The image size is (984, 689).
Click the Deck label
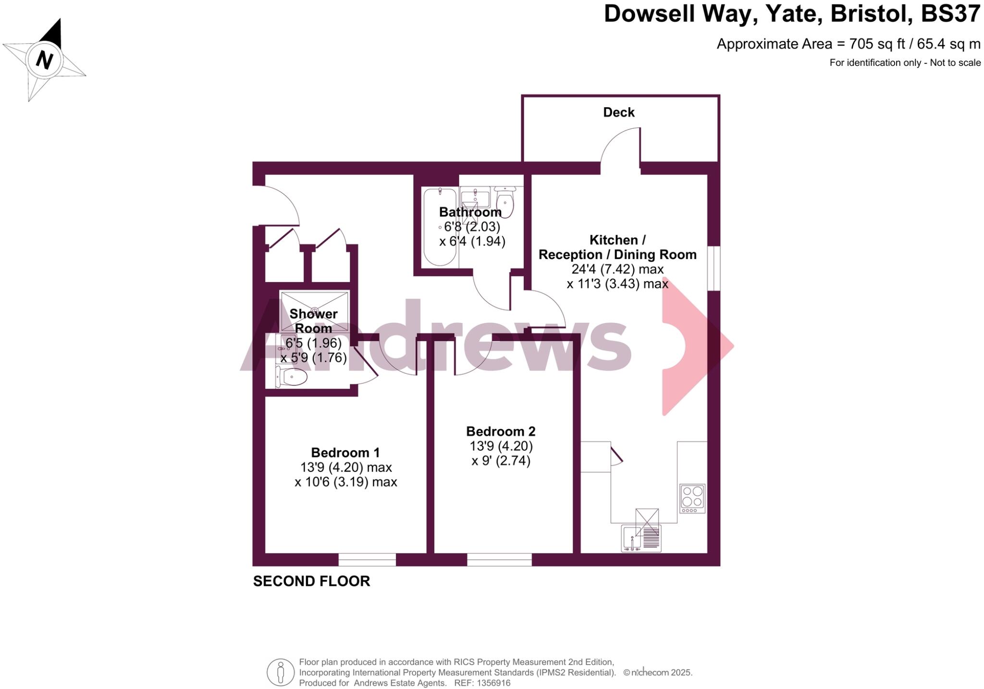pyautogui.click(x=618, y=112)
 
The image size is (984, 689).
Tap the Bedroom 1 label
pyautogui.click(x=345, y=453)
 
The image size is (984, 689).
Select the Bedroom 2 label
pyautogui.click(x=501, y=431)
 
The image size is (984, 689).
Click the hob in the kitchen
pyautogui.click(x=692, y=498)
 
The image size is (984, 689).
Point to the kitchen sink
pyautogui.click(x=640, y=538)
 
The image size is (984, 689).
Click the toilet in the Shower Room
pyautogui.click(x=292, y=377)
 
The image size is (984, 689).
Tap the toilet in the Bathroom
pyautogui.click(x=504, y=202)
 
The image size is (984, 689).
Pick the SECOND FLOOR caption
pyautogui.click(x=311, y=581)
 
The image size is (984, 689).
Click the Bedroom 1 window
pyautogui.click(x=367, y=559)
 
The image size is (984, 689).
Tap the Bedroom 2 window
pyautogui.click(x=499, y=559)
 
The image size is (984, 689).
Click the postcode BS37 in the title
pyautogui.click(x=950, y=14)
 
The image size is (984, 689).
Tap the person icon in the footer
pyautogui.click(x=280, y=672)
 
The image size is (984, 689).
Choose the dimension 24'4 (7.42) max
pyautogui.click(x=617, y=269)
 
